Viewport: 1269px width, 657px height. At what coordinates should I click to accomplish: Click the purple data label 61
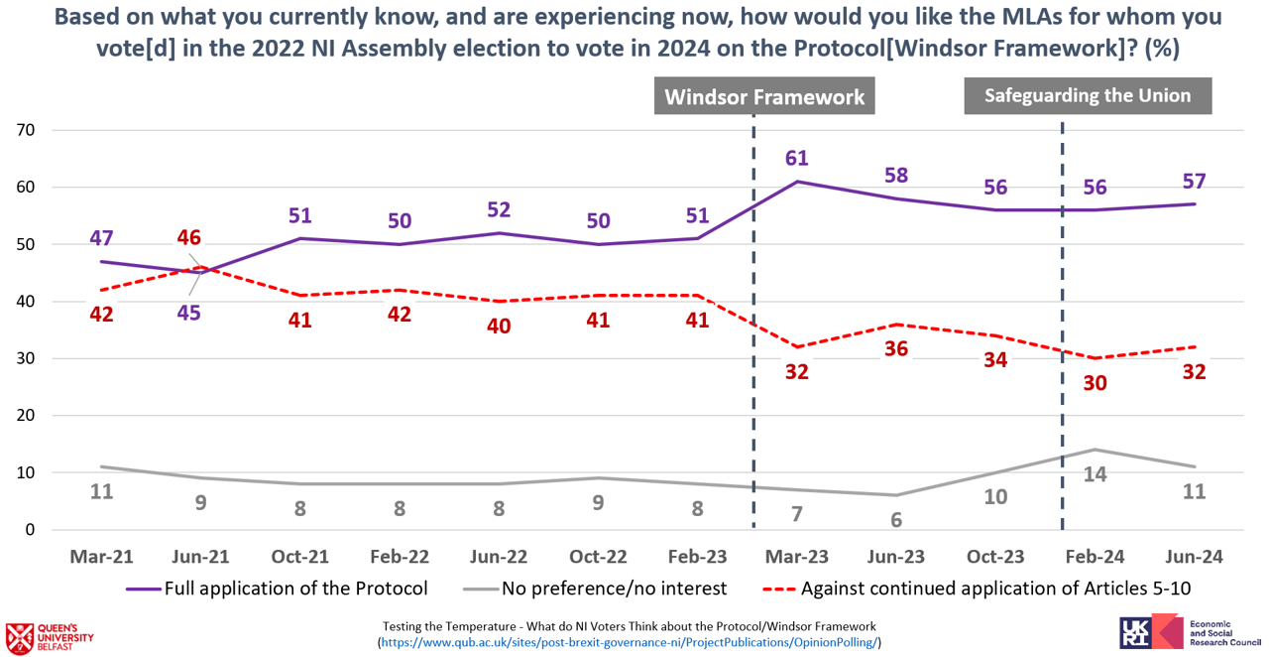click(797, 159)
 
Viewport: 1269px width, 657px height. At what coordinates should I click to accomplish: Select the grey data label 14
click(1095, 474)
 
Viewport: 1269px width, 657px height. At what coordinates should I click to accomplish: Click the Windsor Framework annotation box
click(764, 96)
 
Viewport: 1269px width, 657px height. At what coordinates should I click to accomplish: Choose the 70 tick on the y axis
click(26, 130)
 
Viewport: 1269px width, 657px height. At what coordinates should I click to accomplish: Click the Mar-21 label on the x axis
click(101, 557)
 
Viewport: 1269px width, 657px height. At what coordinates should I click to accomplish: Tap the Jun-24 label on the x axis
click(1194, 557)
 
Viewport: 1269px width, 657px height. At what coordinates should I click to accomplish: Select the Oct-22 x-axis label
click(598, 557)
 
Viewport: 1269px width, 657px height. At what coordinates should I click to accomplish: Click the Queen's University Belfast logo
click(50, 634)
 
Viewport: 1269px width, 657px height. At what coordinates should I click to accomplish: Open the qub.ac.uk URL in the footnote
click(629, 643)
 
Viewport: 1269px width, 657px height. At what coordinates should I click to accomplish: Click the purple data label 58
click(896, 176)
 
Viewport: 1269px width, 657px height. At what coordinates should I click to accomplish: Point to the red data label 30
click(1095, 383)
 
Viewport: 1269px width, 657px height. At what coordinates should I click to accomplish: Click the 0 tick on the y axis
click(30, 530)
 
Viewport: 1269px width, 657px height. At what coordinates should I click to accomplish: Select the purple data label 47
click(101, 238)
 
